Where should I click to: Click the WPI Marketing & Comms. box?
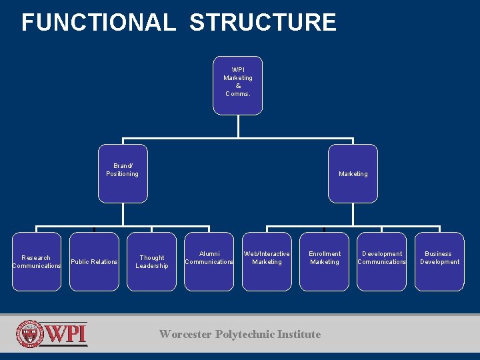point(238,85)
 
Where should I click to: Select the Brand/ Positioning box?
point(123,173)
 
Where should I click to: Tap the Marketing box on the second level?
point(353,173)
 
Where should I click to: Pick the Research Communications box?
point(37,261)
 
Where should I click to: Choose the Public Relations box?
point(94,261)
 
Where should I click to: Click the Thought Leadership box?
point(152,261)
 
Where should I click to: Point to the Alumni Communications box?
point(209,261)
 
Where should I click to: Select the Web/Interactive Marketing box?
point(267,261)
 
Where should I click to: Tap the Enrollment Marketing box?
point(325,261)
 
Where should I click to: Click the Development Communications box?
point(382,261)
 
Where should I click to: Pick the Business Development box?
point(439,261)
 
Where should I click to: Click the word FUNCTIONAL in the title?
point(99,23)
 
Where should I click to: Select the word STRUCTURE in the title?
point(263,23)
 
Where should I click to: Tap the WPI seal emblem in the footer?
point(30,334)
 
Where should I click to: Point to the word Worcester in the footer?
point(185,334)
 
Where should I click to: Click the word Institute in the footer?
point(299,334)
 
